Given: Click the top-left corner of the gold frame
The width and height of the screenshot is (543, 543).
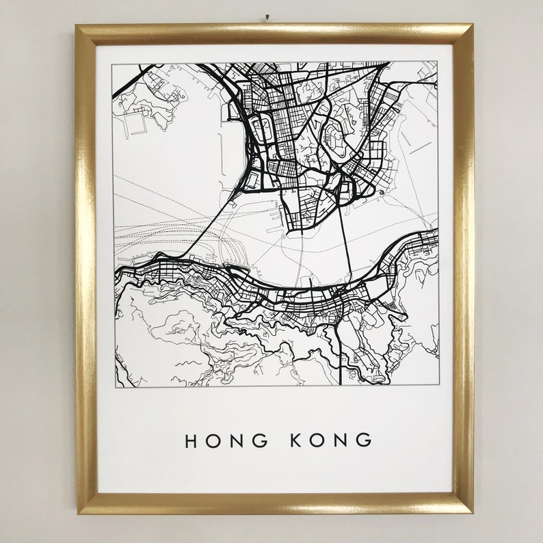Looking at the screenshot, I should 77,27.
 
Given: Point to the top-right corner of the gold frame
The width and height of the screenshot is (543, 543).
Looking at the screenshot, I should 472,25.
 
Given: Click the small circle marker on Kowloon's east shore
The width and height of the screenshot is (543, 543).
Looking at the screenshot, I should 379,194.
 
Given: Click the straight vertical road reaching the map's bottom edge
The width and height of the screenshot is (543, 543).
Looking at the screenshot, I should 341,356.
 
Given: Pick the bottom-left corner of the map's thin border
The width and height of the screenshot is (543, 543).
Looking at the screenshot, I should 114,387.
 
